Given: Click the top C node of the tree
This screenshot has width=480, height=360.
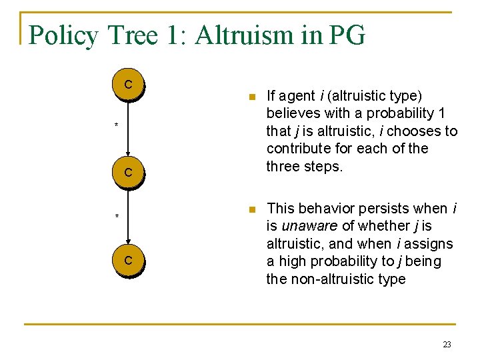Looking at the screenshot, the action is click(x=127, y=85).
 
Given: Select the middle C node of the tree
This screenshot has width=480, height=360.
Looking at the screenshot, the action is click(x=127, y=173).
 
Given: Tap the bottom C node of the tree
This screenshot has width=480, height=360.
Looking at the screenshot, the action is click(x=127, y=260).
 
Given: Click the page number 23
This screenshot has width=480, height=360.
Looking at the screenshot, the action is click(x=447, y=345).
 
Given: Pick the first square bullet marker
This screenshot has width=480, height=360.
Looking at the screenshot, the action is click(x=250, y=97).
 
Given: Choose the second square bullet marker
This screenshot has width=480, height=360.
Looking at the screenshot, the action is click(x=250, y=210).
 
